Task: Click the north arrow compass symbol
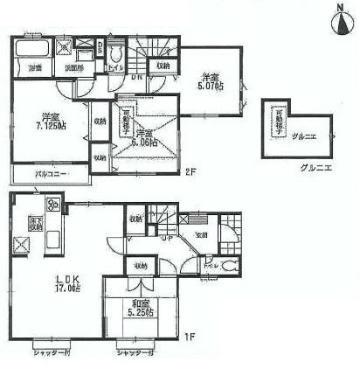pyautogui.click(x=339, y=19)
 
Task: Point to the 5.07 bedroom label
pyautogui.click(x=210, y=80)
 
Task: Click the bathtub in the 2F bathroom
pyautogui.click(x=32, y=51)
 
